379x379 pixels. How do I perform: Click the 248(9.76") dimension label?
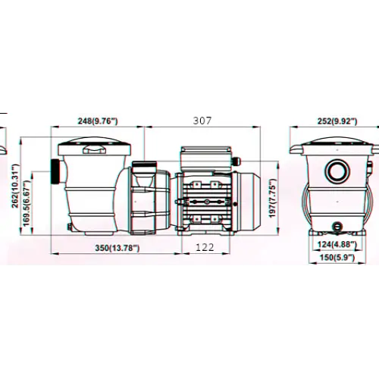[x=98, y=121]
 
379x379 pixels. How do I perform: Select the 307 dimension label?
[x=202, y=121]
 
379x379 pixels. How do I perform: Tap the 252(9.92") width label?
[x=337, y=121]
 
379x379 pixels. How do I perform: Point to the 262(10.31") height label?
[x=16, y=186]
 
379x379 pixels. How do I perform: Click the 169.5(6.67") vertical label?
[x=27, y=203]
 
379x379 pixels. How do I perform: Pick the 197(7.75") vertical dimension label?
[x=272, y=199]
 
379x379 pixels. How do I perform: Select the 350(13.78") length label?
[x=117, y=248]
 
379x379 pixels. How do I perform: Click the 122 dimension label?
[x=205, y=247]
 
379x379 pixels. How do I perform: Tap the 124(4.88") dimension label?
[x=337, y=244]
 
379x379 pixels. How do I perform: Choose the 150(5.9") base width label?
[x=337, y=258]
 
